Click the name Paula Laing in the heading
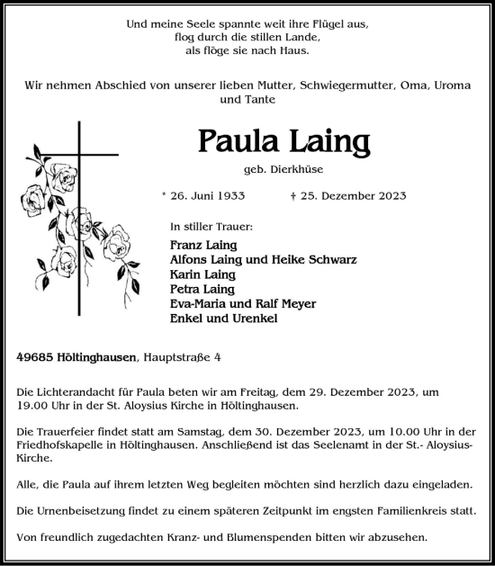[283, 142]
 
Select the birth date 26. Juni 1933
[202, 195]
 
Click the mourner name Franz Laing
[202, 245]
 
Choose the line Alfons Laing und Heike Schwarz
[263, 259]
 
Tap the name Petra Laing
[202, 289]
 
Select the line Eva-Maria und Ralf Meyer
[242, 303]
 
